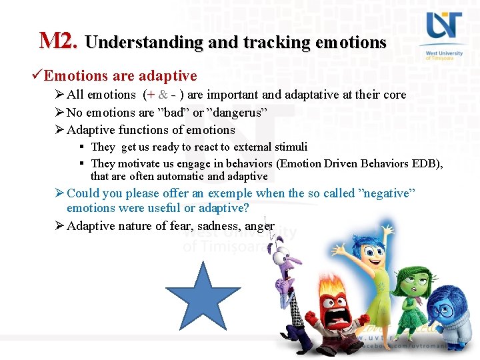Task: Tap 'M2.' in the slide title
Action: [x=59, y=41]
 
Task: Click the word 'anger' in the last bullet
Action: [x=259, y=226]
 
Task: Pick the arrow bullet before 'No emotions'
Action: [x=59, y=113]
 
